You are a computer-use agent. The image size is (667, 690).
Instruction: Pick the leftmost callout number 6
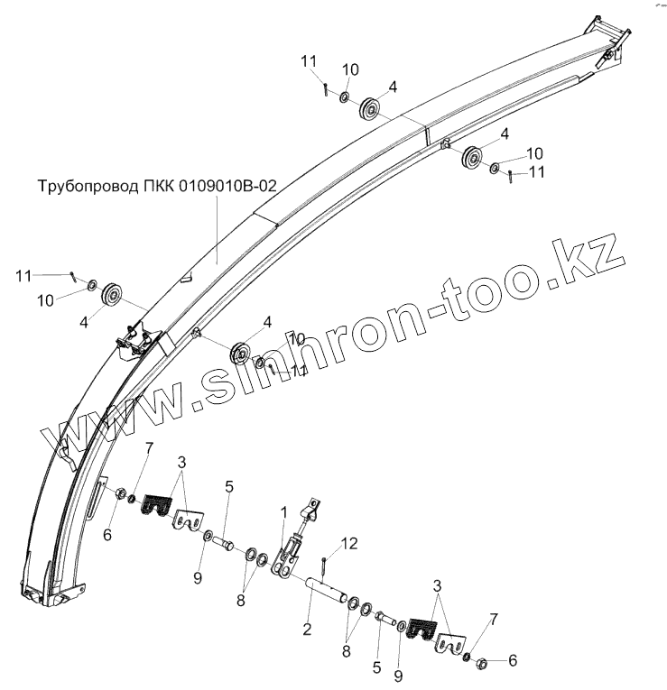[107, 534]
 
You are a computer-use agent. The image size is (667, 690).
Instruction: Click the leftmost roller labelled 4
[113, 295]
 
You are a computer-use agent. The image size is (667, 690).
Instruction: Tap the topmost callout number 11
[309, 61]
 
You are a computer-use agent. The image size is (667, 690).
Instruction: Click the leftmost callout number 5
[229, 487]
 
